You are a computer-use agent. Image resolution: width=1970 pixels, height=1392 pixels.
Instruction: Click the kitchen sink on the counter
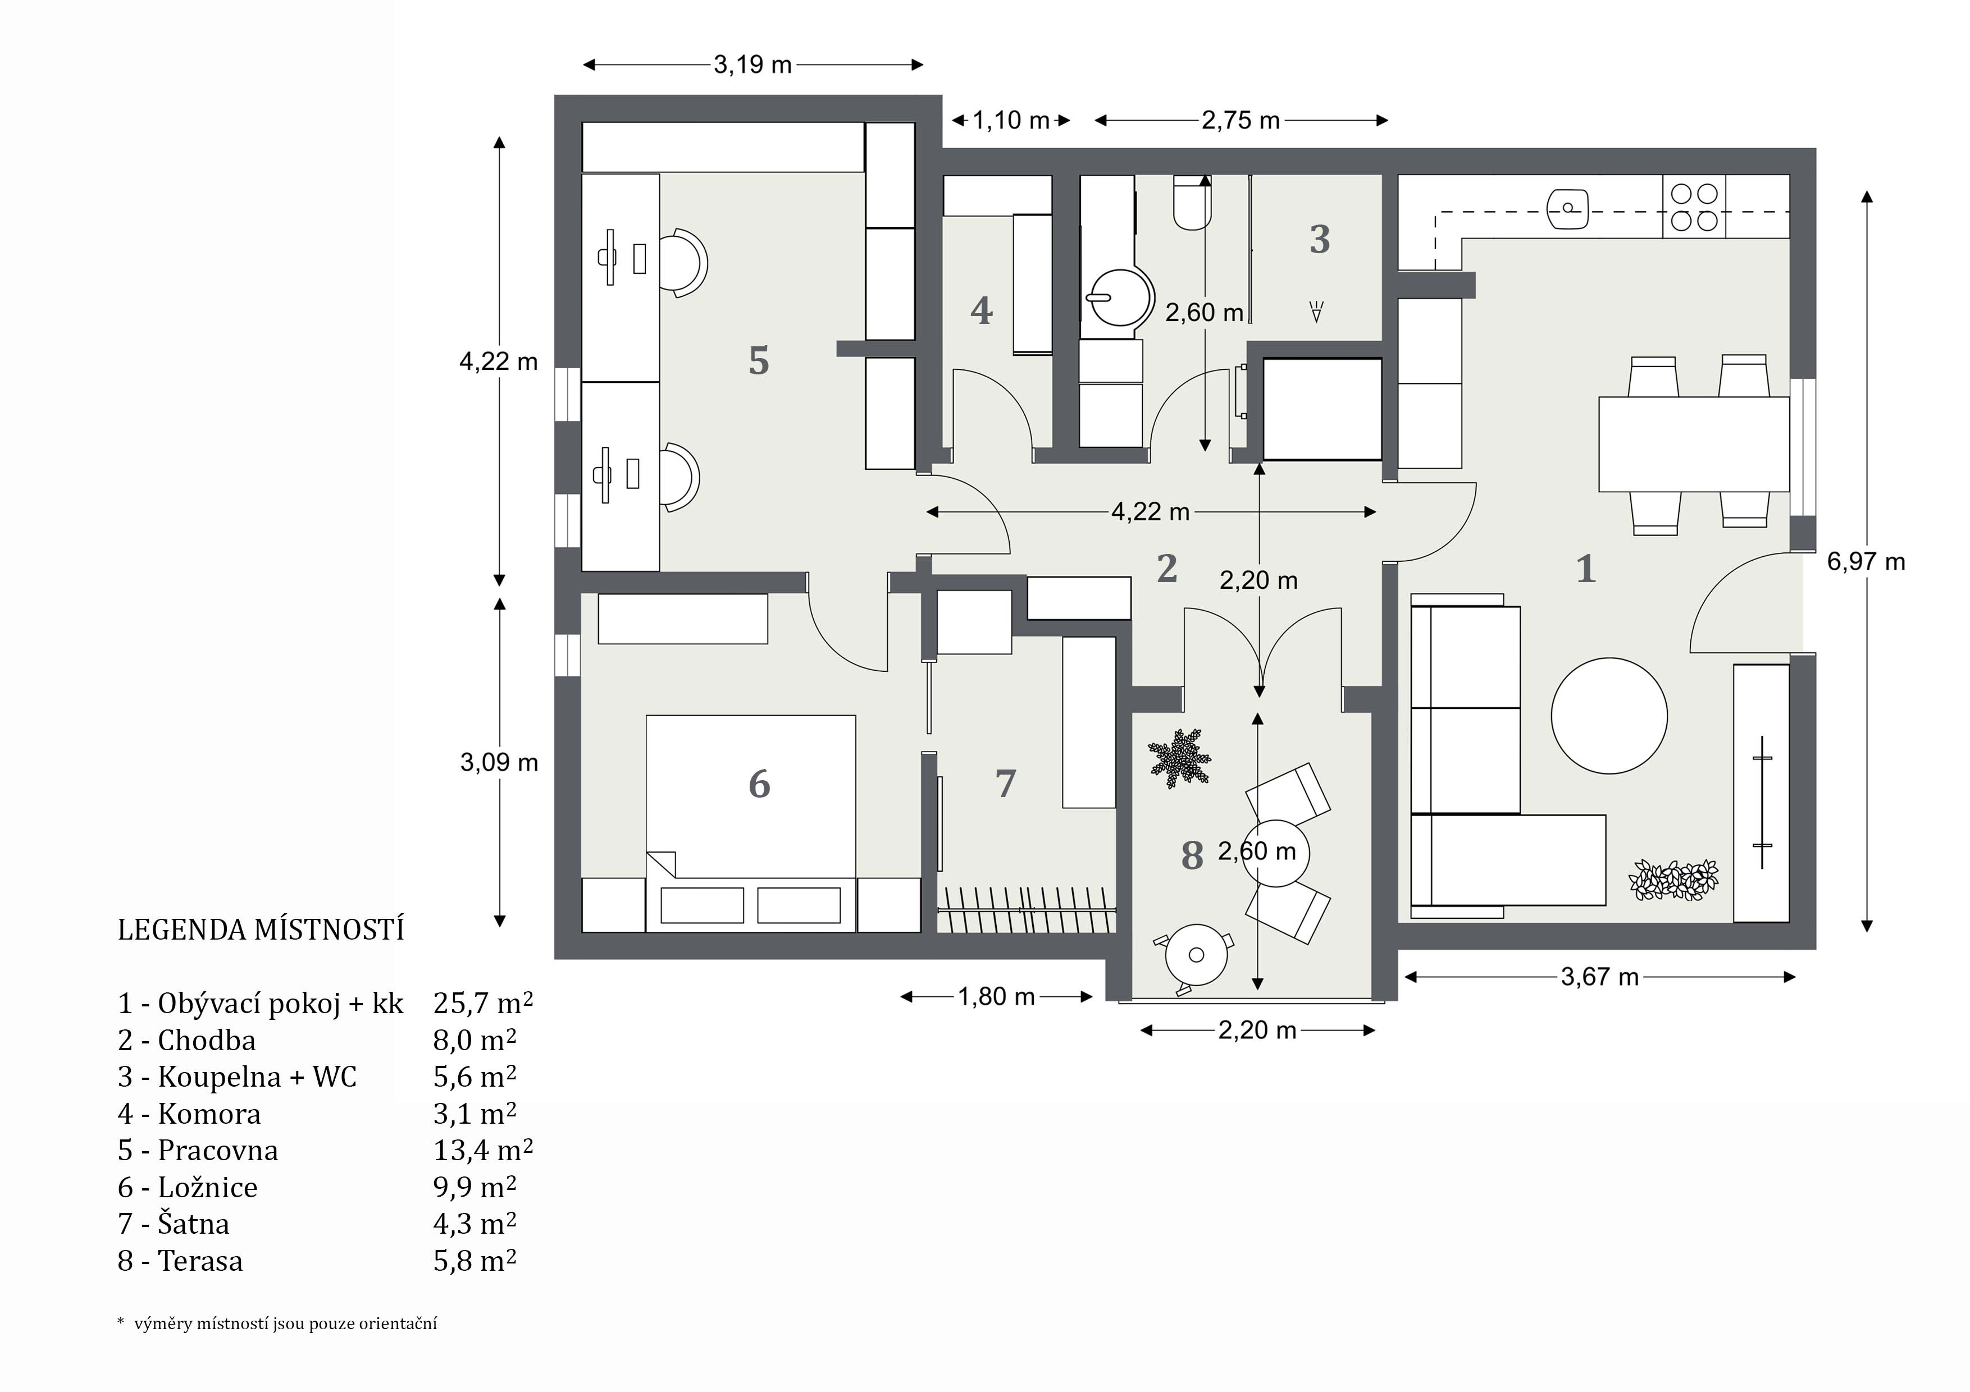(1567, 208)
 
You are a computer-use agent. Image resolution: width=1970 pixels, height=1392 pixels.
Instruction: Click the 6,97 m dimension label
(1866, 562)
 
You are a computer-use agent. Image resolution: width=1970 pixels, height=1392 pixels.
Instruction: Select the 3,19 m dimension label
(753, 65)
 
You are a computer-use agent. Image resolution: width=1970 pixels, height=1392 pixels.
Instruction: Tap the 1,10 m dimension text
(1011, 120)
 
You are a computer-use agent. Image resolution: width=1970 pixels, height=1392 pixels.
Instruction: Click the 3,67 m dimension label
(1600, 977)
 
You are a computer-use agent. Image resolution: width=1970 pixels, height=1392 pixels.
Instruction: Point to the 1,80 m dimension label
(996, 997)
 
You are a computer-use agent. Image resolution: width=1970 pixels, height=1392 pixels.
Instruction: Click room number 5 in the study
(759, 361)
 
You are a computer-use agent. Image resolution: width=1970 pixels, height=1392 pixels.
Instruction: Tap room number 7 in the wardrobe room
(1006, 783)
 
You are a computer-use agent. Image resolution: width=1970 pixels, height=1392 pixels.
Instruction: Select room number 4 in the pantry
(982, 310)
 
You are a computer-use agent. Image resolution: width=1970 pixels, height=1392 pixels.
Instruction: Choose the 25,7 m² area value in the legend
(483, 1002)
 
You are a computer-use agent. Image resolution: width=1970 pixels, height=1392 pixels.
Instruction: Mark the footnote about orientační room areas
(277, 1324)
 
